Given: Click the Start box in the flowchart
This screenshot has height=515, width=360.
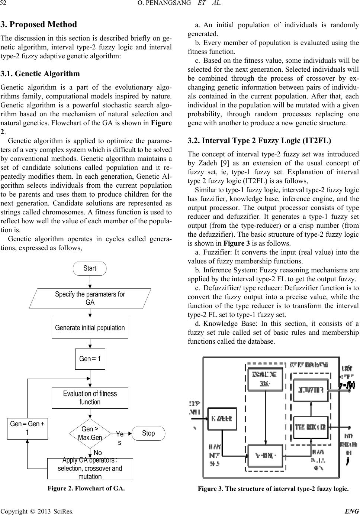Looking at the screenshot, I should [x=90, y=268].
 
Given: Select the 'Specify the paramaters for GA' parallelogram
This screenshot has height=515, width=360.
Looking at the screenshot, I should [x=90, y=298].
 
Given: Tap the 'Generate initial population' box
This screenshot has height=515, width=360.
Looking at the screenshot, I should [x=90, y=328].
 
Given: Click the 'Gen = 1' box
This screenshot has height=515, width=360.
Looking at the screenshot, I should [x=90, y=359].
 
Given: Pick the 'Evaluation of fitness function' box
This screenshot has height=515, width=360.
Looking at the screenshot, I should [x=90, y=398].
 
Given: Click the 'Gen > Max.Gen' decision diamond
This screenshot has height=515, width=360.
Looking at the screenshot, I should [x=90, y=434].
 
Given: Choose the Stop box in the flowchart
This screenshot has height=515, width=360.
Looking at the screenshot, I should [x=148, y=433].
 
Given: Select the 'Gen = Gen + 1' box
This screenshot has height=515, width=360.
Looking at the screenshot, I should [x=28, y=428].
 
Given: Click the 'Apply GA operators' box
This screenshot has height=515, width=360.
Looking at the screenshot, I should [x=90, y=469].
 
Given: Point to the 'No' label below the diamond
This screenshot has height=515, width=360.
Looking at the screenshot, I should [x=97, y=453].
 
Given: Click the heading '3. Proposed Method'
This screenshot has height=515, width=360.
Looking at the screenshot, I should [x=39, y=25].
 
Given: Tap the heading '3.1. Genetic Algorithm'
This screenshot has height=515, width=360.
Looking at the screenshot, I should [x=40, y=74].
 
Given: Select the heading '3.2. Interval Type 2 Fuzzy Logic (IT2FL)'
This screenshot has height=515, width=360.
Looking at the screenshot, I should [x=260, y=141].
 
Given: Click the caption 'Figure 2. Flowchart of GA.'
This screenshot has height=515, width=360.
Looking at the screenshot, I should [x=86, y=488].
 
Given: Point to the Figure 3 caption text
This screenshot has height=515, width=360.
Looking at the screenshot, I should [x=273, y=488].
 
